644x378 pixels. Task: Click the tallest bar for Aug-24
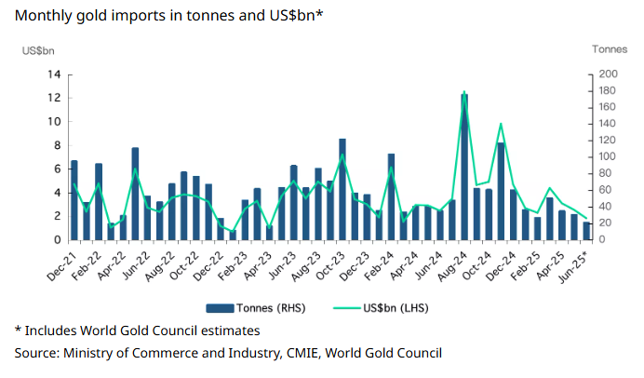click(x=464, y=168)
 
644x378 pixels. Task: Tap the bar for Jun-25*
click(x=586, y=231)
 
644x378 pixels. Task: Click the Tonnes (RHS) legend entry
click(x=255, y=307)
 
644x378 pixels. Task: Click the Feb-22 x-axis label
click(x=87, y=263)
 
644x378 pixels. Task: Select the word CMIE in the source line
click(x=296, y=353)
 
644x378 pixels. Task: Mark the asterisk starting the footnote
click(x=17, y=330)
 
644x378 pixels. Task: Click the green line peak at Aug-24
click(x=464, y=91)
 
